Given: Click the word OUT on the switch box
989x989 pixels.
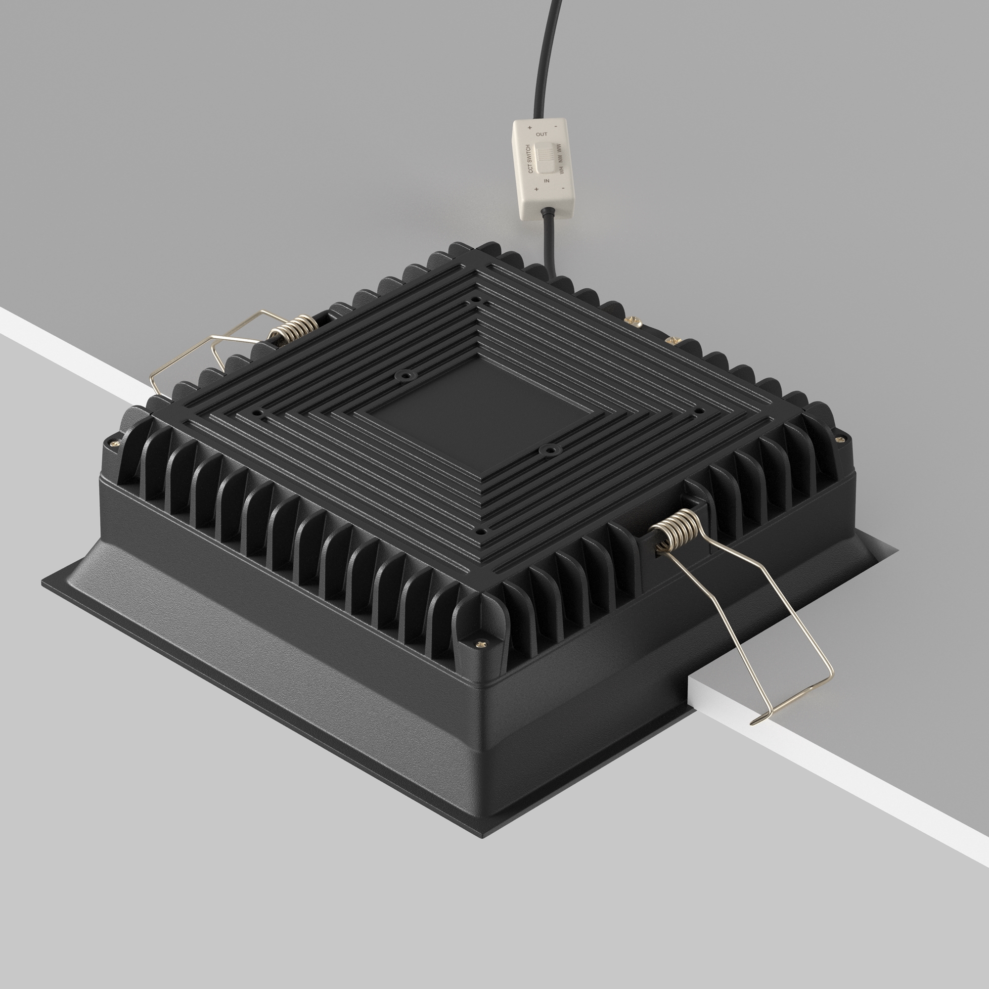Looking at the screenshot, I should pos(541,135).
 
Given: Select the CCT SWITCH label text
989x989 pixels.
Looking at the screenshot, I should pos(530,159).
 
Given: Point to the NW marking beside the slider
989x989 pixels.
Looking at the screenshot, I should pos(561,159).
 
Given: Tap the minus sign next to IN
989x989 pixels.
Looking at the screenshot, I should pos(563,188).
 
